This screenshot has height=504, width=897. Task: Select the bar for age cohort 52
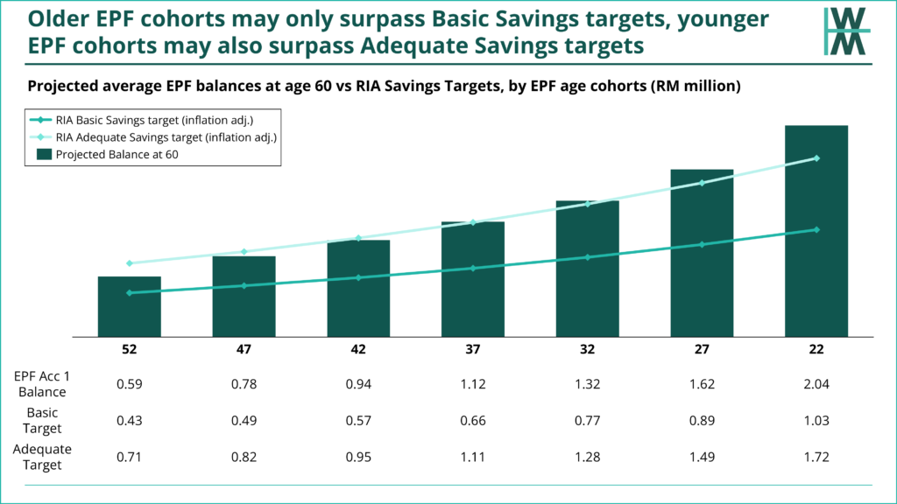coord(130,306)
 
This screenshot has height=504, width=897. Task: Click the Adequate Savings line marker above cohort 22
coord(816,158)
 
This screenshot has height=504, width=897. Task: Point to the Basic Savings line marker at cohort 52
coord(130,292)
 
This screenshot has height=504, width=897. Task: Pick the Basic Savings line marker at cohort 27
coord(702,244)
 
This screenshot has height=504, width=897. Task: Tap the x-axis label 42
coord(358,349)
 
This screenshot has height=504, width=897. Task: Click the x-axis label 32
coord(587,349)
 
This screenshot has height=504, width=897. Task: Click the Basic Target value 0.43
coord(130,422)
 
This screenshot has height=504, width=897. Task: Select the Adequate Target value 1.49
coord(702,457)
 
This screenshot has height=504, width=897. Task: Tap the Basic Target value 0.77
coord(587,422)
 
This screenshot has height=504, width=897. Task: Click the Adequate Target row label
coord(42,457)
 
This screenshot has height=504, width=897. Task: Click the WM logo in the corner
coord(847,31)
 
